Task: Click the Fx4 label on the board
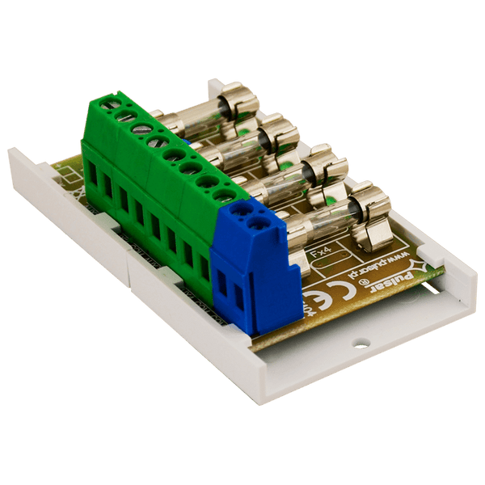point(322,254)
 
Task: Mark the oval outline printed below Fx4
point(331,270)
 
